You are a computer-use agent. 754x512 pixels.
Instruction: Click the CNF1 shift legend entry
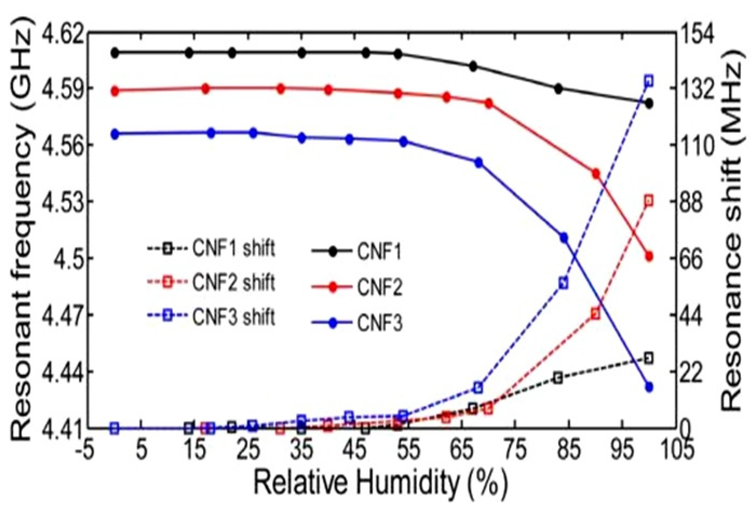point(210,249)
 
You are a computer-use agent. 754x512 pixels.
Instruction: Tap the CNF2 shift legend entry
point(210,283)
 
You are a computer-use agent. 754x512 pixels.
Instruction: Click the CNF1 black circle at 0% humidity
point(115,53)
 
